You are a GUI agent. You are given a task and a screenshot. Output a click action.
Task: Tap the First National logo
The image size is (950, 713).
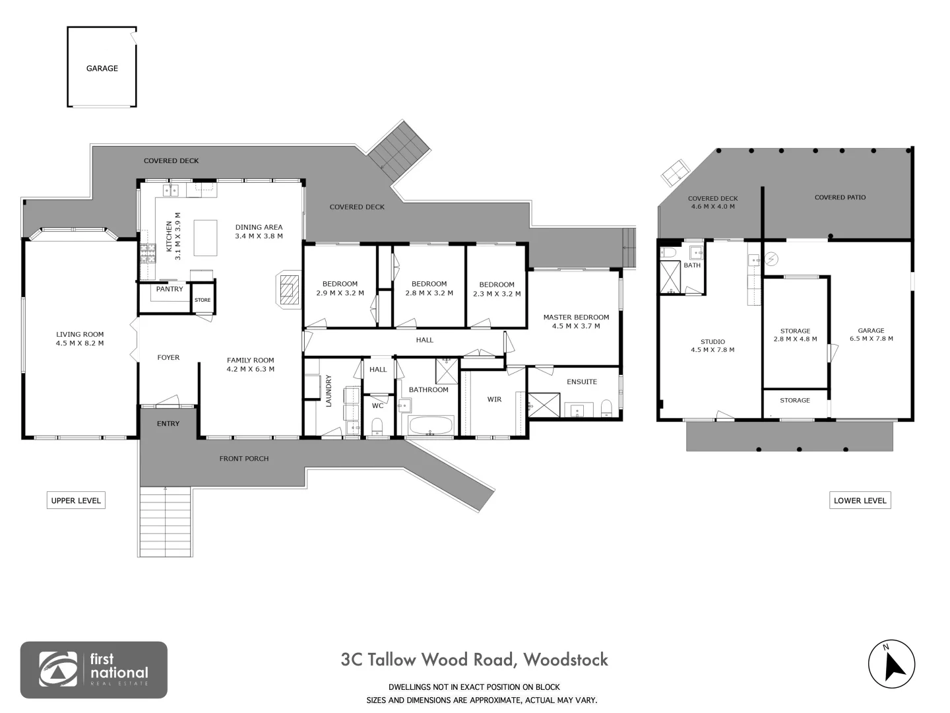[x=94, y=669]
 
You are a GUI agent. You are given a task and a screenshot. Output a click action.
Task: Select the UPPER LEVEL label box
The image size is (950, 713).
[x=76, y=500]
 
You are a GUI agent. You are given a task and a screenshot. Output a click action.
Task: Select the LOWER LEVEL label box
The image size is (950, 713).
[x=860, y=500]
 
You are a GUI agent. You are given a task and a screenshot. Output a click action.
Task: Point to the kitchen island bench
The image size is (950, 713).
[x=205, y=238]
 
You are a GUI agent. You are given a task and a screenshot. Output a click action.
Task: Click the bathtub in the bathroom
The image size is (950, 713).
[x=431, y=425]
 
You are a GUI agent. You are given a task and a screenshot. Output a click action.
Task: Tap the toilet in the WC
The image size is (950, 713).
[x=377, y=426]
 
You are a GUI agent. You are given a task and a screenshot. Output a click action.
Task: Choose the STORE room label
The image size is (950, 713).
[x=203, y=300]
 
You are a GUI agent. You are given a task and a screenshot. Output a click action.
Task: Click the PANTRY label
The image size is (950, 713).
[x=170, y=289]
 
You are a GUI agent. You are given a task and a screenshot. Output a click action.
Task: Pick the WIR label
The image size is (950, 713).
[x=494, y=399]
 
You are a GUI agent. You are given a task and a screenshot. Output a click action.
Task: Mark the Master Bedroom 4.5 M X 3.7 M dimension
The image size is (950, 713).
[x=576, y=326]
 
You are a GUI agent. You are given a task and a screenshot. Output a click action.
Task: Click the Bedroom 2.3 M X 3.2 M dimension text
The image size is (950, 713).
[x=497, y=294]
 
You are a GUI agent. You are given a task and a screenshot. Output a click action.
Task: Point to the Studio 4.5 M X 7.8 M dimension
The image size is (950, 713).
[x=712, y=350]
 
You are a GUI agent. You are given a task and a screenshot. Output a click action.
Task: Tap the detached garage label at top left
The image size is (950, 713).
[x=102, y=69]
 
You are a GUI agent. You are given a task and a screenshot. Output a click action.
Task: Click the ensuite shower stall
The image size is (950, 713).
[x=544, y=405]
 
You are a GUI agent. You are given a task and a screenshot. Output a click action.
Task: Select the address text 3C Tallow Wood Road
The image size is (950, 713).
[x=428, y=660]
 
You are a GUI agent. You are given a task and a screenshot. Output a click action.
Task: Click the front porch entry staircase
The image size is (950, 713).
[x=166, y=522]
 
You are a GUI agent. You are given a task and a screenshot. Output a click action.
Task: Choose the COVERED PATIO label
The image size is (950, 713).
[x=840, y=197]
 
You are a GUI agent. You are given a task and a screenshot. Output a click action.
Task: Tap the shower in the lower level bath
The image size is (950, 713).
[x=670, y=277]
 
